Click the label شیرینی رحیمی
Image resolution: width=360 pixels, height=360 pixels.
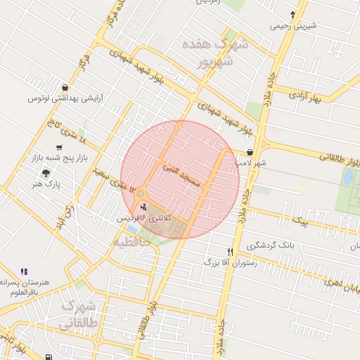[x=293, y=26]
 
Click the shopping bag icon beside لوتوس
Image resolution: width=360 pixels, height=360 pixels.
[x=65, y=87]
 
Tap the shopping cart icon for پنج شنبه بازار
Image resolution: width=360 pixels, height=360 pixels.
[x=60, y=148]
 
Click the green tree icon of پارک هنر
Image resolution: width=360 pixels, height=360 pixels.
[x=46, y=172]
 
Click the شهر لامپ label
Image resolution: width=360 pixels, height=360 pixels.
[x=251, y=163]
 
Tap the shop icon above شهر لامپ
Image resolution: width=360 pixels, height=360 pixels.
[x=250, y=152]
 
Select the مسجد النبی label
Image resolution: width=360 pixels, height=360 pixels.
[x=181, y=175]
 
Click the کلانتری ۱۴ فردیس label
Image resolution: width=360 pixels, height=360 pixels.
[x=145, y=218]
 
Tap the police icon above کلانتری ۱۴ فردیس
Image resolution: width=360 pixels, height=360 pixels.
[x=145, y=207]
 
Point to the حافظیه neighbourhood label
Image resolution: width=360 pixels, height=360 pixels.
[x=133, y=241]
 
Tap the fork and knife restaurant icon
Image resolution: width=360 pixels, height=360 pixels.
[x=230, y=251]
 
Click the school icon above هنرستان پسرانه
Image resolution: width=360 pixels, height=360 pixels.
[x=25, y=271]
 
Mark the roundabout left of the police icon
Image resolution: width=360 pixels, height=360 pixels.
[x=141, y=193]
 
